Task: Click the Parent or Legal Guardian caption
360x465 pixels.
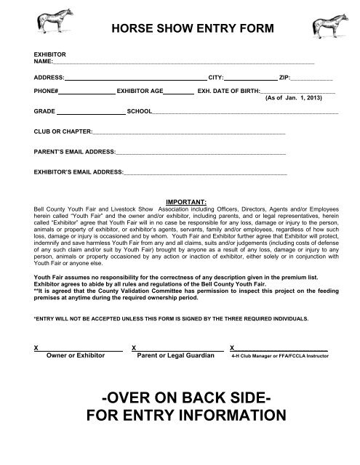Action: (176, 357)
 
